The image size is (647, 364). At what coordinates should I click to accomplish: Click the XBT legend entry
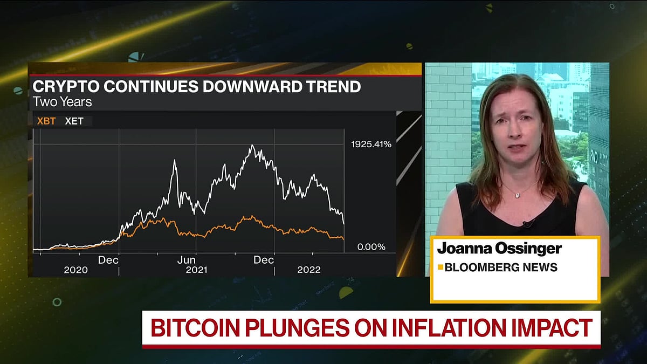tap(46, 121)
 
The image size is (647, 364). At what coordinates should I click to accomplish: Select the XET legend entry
tap(74, 121)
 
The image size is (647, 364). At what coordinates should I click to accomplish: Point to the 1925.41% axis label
tap(371, 145)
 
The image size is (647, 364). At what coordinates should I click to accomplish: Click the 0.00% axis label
tap(371, 247)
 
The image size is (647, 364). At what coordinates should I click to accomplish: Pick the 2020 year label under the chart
tap(75, 270)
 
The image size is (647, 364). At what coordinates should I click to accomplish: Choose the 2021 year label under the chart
tap(196, 270)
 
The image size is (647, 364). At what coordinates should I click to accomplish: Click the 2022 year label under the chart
tap(309, 270)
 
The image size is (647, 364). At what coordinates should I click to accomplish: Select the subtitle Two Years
tap(62, 101)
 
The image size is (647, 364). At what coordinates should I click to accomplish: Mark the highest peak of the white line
tap(252, 146)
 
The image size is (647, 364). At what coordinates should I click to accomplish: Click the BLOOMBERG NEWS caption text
tap(501, 267)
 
